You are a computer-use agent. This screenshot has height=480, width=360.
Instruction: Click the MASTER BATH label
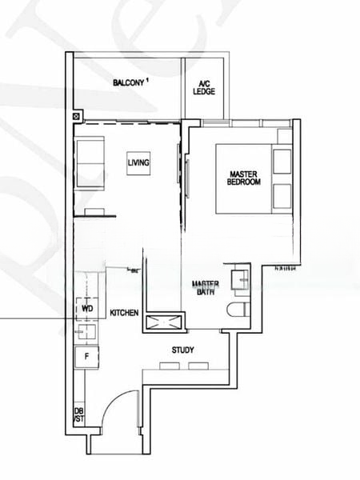(206, 287)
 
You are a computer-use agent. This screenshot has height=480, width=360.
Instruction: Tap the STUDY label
(182, 350)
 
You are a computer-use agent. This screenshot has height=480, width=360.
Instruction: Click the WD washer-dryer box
(86, 307)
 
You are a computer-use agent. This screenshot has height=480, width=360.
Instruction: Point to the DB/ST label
(79, 415)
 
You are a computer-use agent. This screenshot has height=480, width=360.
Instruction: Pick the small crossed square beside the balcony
(76, 117)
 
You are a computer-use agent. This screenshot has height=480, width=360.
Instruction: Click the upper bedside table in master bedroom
(282, 160)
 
